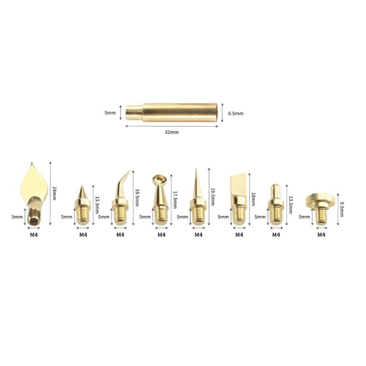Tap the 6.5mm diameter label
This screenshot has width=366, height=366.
pos(235,112)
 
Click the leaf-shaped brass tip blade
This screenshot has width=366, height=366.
pos(32,183)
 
